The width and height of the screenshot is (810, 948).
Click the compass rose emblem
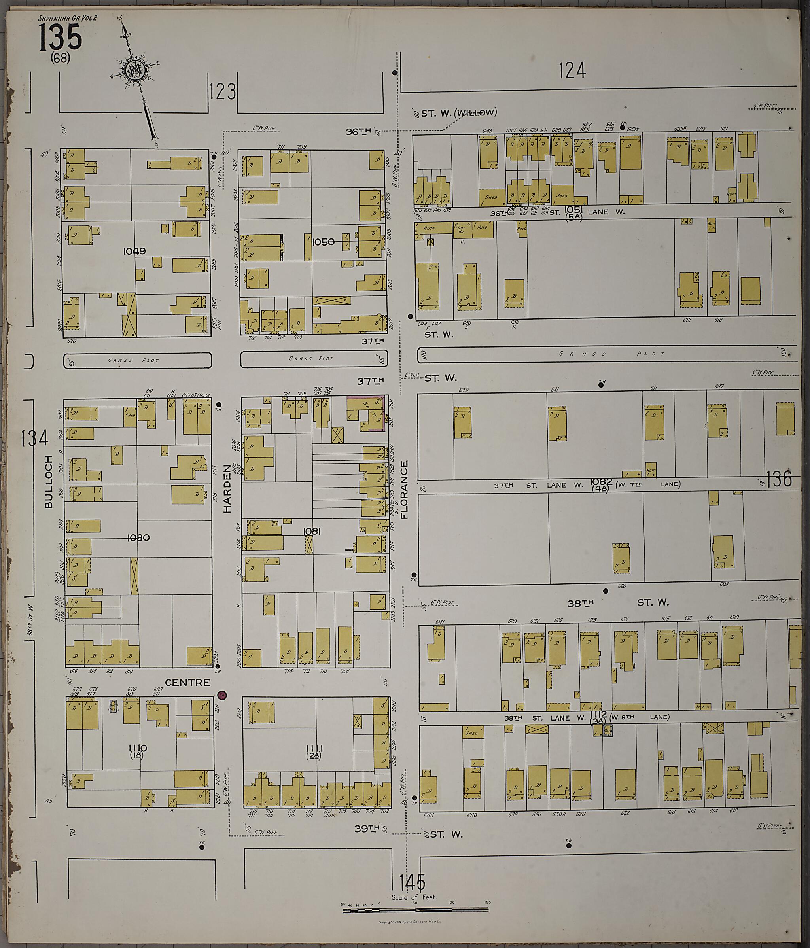[x=135, y=71]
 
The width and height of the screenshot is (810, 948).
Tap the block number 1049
[x=134, y=251]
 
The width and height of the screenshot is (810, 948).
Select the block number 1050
[x=323, y=242]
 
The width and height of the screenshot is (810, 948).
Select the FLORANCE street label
[x=404, y=490]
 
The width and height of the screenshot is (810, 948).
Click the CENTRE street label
[x=187, y=695]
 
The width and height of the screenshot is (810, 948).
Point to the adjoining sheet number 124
[x=572, y=71]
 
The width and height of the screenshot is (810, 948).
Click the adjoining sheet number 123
[x=223, y=91]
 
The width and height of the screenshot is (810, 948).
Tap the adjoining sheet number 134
[x=35, y=438]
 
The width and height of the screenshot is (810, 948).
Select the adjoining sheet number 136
[x=779, y=479]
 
